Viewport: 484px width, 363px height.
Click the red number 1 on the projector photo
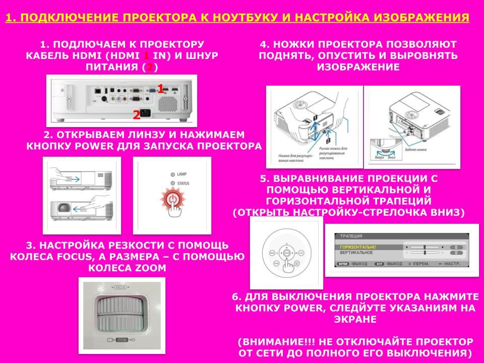tap(160, 89)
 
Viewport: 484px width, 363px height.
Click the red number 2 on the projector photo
tap(136, 115)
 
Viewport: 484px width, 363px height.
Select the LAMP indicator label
tap(182, 174)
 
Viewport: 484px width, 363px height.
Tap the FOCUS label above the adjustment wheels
tap(120, 287)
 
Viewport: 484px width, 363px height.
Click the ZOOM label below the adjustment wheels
tap(120, 341)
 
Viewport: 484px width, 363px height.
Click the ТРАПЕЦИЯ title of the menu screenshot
tap(351, 236)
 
